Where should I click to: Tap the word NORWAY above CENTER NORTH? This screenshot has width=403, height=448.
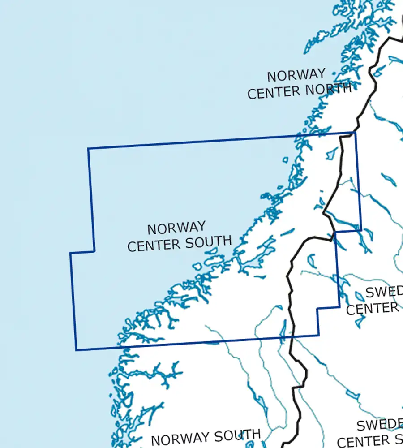[x=296, y=74]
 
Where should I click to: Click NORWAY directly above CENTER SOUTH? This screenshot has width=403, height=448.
[x=176, y=228]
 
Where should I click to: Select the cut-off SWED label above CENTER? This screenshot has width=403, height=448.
[x=384, y=293]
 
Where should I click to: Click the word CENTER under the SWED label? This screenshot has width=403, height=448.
[x=373, y=308]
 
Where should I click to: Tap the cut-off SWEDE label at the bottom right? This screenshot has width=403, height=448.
[x=379, y=425]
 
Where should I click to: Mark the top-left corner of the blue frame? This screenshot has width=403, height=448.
[x=88, y=149]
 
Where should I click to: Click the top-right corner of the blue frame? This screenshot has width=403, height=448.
[x=355, y=132]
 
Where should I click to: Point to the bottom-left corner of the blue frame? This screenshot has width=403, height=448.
[x=76, y=350]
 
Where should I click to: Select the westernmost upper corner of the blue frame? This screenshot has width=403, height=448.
[x=70, y=253]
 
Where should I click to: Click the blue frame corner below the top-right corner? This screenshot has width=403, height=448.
[x=361, y=231]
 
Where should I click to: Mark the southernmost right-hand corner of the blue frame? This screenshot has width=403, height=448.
[x=318, y=335]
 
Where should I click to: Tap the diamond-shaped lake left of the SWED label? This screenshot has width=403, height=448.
[x=360, y=297]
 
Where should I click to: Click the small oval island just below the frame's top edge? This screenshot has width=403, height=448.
[x=286, y=159]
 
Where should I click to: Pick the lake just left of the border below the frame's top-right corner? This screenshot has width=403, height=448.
[x=332, y=153]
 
